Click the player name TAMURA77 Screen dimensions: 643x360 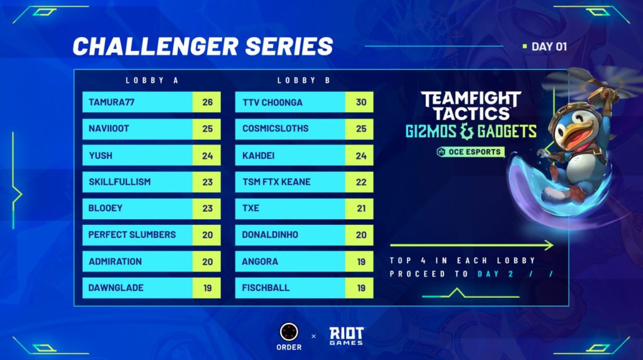112,102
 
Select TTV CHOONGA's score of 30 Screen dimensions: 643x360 361,102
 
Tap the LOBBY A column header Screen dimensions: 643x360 152,80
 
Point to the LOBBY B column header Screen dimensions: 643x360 304,80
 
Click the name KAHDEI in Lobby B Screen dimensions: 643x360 258,156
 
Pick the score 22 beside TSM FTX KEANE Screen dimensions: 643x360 361,182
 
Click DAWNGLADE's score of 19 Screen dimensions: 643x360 207,288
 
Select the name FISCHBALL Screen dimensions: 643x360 266,288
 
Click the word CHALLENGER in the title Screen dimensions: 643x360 156,46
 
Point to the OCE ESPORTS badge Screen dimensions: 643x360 470,152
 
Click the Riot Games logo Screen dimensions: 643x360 347,336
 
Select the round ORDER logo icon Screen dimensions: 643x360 289,332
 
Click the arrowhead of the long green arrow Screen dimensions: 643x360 549,246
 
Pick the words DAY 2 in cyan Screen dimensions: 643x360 495,274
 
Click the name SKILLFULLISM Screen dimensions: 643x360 119,182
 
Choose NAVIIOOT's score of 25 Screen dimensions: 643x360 207,129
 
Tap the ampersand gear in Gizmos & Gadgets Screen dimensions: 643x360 467,131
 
